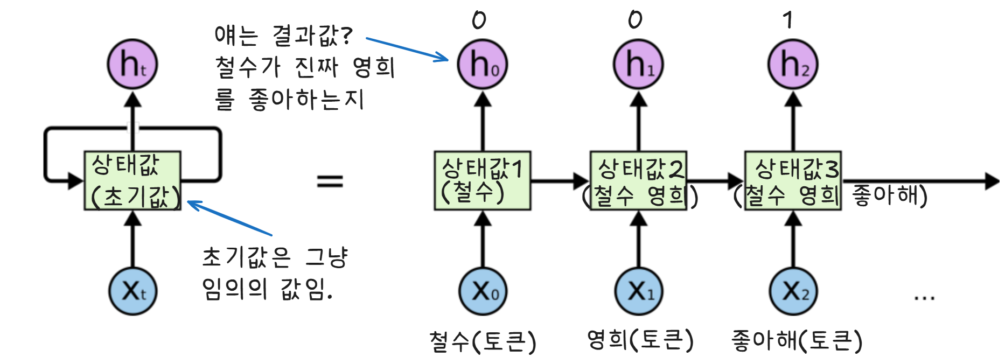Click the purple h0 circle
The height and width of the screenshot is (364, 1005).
(482, 65)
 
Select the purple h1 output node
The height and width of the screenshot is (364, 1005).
(638, 65)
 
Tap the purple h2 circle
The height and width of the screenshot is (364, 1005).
(793, 65)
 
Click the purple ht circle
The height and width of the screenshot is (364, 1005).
(132, 65)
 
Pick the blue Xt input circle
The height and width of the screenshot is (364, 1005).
(132, 291)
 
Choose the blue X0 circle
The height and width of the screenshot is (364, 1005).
(483, 291)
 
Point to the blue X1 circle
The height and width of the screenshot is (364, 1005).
(639, 291)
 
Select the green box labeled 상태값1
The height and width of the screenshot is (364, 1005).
(483, 180)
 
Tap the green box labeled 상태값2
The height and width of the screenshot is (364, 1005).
(639, 180)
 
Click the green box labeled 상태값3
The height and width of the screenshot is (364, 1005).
(793, 180)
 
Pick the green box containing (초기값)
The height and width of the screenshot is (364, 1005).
(132, 180)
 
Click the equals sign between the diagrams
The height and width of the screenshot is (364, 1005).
(330, 181)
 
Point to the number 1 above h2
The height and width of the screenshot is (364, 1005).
(787, 20)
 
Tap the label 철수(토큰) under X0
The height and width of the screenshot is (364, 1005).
(483, 341)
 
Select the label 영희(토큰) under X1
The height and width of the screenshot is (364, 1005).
(640, 340)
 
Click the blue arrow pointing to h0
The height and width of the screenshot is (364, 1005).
(407, 48)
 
